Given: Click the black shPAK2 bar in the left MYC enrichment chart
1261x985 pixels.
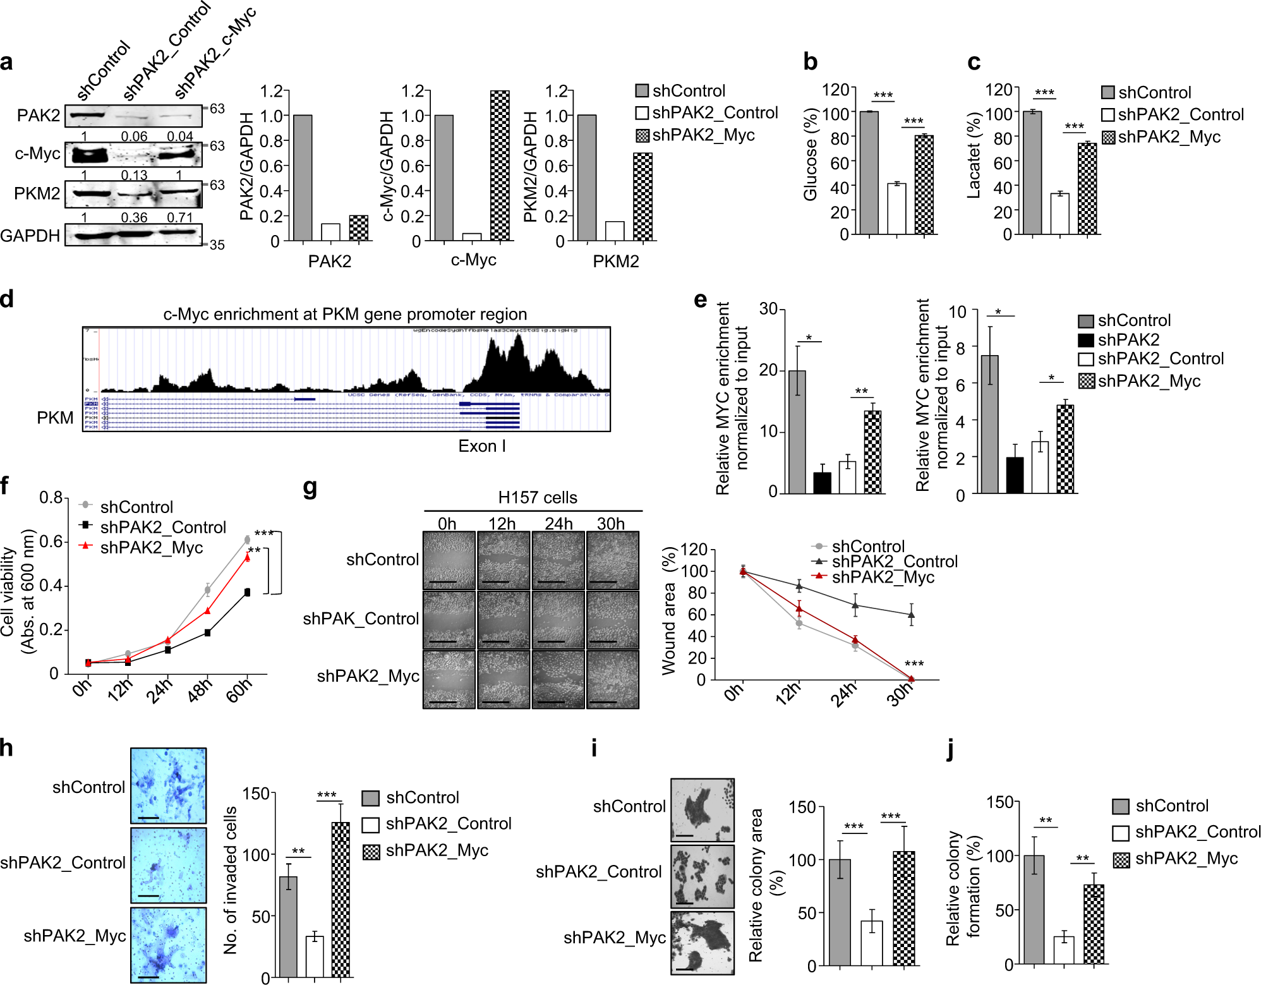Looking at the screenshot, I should (x=822, y=483).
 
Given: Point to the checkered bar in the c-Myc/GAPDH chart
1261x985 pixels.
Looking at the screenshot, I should (x=500, y=166).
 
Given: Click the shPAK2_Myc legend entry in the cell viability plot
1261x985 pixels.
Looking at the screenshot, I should (x=151, y=547).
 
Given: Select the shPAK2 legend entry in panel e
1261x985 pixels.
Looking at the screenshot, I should (x=1128, y=340).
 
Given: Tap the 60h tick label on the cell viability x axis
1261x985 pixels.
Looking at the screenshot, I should (x=239, y=689).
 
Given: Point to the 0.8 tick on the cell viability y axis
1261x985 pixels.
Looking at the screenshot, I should (x=51, y=498).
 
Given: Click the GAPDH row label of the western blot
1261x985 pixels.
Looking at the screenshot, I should (x=30, y=236).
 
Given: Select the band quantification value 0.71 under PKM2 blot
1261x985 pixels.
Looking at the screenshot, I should (x=179, y=217).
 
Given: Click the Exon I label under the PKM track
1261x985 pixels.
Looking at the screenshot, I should (x=481, y=446).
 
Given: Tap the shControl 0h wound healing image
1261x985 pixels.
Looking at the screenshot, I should (x=449, y=560).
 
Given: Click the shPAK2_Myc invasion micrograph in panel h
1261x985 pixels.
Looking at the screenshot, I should (x=168, y=944).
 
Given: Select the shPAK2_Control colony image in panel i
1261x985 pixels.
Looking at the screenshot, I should (x=702, y=876).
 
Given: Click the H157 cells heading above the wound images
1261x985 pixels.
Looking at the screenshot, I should (x=537, y=497).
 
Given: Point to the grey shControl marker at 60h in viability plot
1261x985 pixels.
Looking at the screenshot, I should (x=247, y=540).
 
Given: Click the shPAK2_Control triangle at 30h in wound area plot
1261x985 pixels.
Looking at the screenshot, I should (x=910, y=614).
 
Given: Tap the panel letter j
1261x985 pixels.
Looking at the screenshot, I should (x=950, y=749).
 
